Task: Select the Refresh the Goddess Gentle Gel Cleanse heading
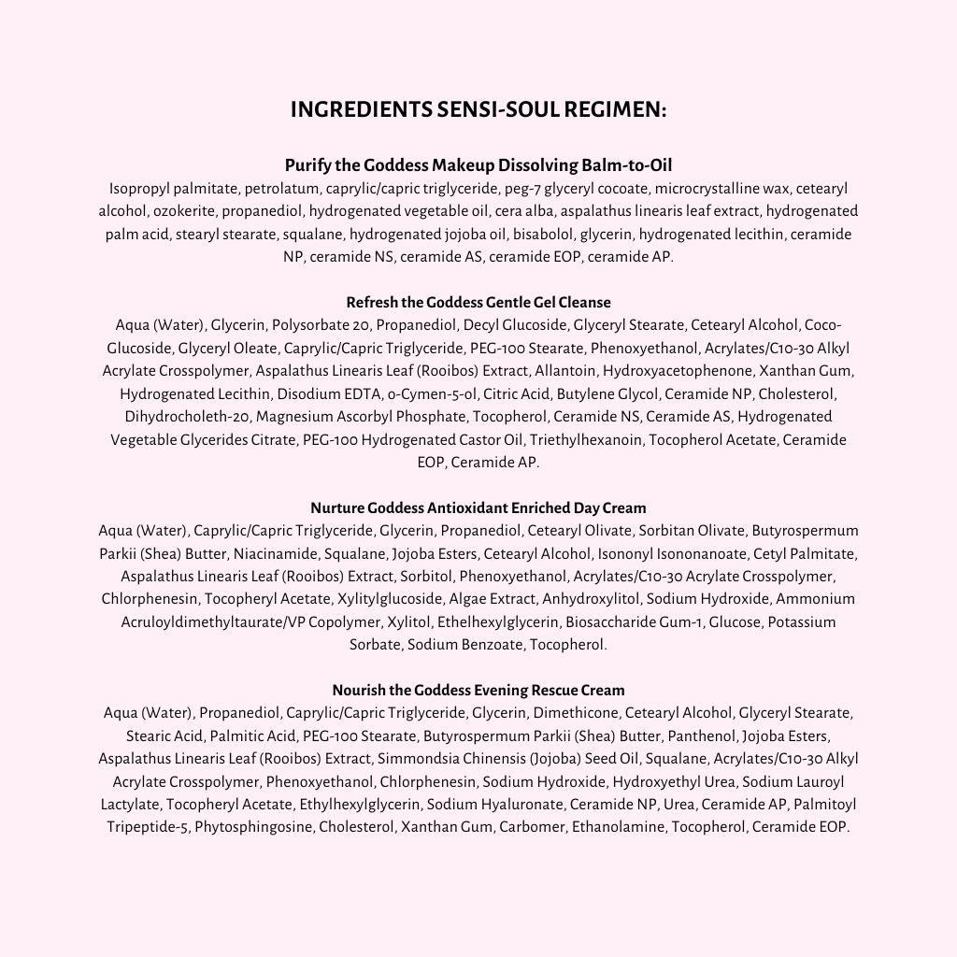(478, 303)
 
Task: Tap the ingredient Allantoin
(565, 371)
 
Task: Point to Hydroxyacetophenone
(677, 371)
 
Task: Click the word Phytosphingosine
(253, 827)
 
